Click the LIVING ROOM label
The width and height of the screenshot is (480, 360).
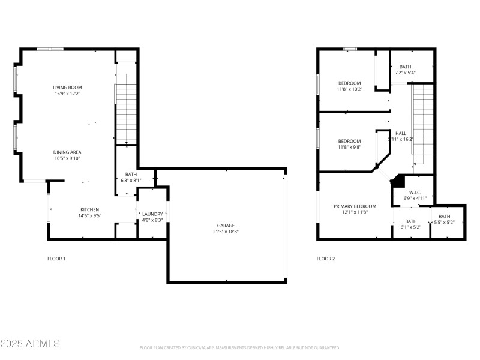point(67,88)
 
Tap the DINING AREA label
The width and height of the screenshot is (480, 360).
point(67,152)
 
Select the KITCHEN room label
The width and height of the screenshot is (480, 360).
point(90,209)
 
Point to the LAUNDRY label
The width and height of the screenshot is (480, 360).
point(152,214)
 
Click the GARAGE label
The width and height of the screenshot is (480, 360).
point(226,226)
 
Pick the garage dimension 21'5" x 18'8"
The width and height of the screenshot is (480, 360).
point(226,232)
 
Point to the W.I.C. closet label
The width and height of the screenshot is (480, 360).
point(414,192)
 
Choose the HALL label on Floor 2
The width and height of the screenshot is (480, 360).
point(401,133)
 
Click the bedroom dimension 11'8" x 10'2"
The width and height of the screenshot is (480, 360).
point(349,88)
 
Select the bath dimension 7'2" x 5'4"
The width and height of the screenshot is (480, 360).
point(406,73)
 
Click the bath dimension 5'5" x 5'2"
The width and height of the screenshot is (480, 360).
point(445,223)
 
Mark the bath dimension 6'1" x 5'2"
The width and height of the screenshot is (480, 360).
point(411,227)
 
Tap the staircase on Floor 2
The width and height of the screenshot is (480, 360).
point(422,123)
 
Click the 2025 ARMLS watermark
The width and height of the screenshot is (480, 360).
point(30,344)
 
